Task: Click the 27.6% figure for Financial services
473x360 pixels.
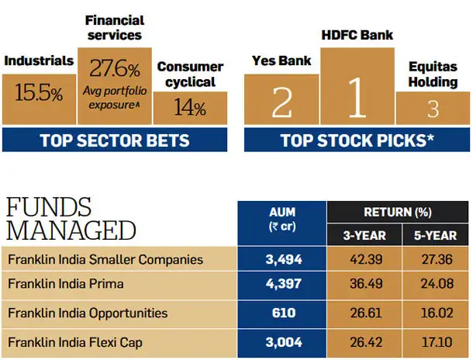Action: (x=115, y=68)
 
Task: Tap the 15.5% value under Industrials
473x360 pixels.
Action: (x=39, y=92)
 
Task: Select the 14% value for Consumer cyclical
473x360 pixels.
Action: (x=190, y=107)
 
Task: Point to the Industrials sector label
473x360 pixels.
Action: (x=39, y=61)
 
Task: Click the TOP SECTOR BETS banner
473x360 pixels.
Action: (x=115, y=140)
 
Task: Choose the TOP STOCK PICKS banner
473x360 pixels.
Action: (x=357, y=140)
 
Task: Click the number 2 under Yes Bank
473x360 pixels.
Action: (x=281, y=102)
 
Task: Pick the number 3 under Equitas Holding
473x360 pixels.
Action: (x=433, y=109)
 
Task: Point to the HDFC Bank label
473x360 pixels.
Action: (x=357, y=35)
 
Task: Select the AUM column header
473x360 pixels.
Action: (x=282, y=219)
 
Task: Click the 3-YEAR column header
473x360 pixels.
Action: (x=364, y=235)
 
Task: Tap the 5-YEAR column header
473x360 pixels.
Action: (x=435, y=235)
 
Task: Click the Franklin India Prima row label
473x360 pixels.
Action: (x=66, y=284)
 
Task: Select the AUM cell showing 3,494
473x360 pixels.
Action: (x=284, y=259)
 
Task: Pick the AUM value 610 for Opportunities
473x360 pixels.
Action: (x=284, y=313)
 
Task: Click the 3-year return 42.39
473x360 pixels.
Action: (x=366, y=259)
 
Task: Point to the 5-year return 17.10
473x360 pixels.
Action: (x=437, y=342)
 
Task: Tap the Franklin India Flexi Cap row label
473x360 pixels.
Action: (x=75, y=342)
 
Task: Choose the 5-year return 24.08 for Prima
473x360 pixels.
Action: (x=437, y=284)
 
